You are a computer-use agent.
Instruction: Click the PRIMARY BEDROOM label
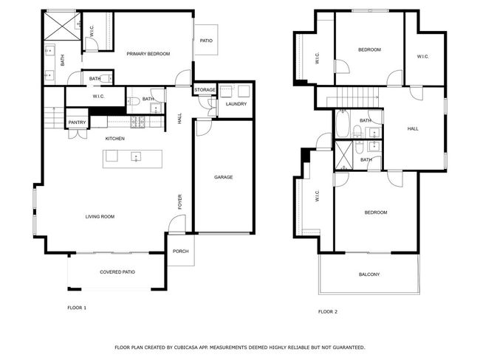pyautogui.click(x=148, y=54)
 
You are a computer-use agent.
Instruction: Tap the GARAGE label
pyautogui.click(x=223, y=177)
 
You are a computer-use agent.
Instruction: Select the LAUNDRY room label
pyautogui.click(x=236, y=104)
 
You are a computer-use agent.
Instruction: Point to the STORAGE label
pyautogui.click(x=205, y=89)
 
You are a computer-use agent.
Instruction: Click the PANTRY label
pyautogui.click(x=77, y=122)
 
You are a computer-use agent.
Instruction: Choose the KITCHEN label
pyautogui.click(x=114, y=139)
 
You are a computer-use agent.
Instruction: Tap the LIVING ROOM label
pyautogui.click(x=100, y=217)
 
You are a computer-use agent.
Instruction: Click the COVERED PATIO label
pyautogui.click(x=117, y=272)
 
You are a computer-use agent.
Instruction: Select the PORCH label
pyautogui.click(x=181, y=251)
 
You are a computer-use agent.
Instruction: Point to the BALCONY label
pyautogui.click(x=369, y=274)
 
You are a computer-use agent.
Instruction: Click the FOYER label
pyautogui.click(x=179, y=202)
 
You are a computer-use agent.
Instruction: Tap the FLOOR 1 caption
pyautogui.click(x=77, y=308)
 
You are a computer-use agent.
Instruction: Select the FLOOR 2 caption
pyautogui.click(x=328, y=311)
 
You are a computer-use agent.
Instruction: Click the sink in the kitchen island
pyautogui.click(x=136, y=156)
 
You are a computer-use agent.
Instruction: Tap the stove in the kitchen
pyautogui.click(x=137, y=122)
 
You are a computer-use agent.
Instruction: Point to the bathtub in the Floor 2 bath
pyautogui.click(x=343, y=124)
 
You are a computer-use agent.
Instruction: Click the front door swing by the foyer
pyautogui.click(x=177, y=224)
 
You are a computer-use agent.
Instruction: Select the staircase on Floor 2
pyautogui.click(x=353, y=97)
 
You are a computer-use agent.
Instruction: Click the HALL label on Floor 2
pyautogui.click(x=413, y=129)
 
